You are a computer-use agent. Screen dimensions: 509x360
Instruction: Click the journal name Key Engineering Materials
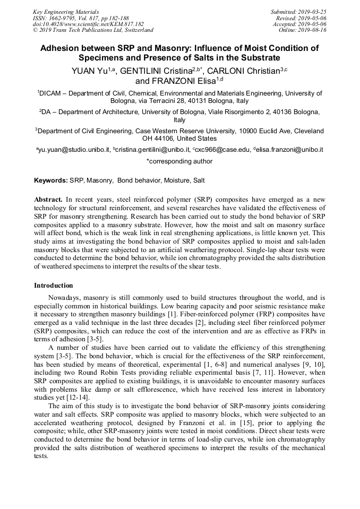click(65, 11)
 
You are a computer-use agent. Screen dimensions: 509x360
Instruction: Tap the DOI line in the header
click(88, 24)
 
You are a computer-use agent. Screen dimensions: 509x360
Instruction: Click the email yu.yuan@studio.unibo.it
click(74, 150)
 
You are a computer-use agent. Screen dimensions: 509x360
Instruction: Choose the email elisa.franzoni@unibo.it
click(290, 150)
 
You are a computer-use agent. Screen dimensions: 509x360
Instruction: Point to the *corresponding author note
click(179, 161)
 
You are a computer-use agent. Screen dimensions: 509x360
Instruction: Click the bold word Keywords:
click(52, 180)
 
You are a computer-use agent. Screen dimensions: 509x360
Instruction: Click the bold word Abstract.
click(48, 199)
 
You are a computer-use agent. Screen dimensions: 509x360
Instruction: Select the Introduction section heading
click(54, 286)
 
